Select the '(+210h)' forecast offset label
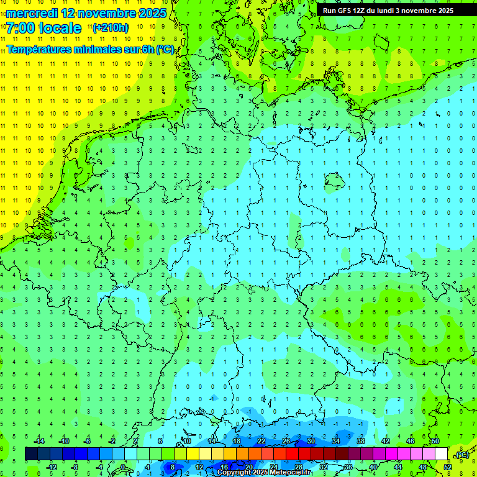tap(111, 28)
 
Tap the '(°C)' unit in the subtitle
tap(165, 50)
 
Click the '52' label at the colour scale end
tap(448, 467)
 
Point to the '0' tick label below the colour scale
tap(124, 467)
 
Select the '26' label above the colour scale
tap(286, 441)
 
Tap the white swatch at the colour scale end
tap(441, 454)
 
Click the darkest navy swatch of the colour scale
tap(31, 454)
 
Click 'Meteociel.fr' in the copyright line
tap(294, 473)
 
